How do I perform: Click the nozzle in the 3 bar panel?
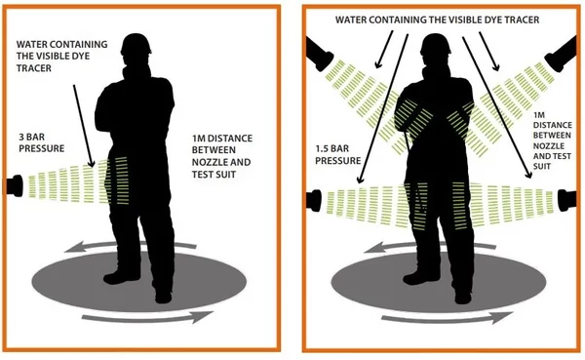coord(15,185)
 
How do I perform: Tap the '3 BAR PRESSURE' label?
coord(41,143)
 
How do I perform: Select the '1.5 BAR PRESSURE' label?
coord(338,154)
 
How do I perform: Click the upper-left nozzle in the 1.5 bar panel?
coord(319,55)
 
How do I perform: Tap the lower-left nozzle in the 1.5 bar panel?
coord(313,201)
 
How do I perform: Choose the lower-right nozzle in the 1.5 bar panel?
coord(566,201)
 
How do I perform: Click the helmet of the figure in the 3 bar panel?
coord(136,44)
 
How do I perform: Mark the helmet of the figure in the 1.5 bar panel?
coord(436,44)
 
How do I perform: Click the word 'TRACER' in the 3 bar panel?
coord(34,68)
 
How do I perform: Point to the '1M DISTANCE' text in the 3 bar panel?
coord(222,139)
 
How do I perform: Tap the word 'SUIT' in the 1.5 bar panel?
coord(542,166)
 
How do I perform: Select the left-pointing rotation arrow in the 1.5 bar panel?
coord(429,247)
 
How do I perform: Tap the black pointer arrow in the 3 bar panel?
coord(83,126)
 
